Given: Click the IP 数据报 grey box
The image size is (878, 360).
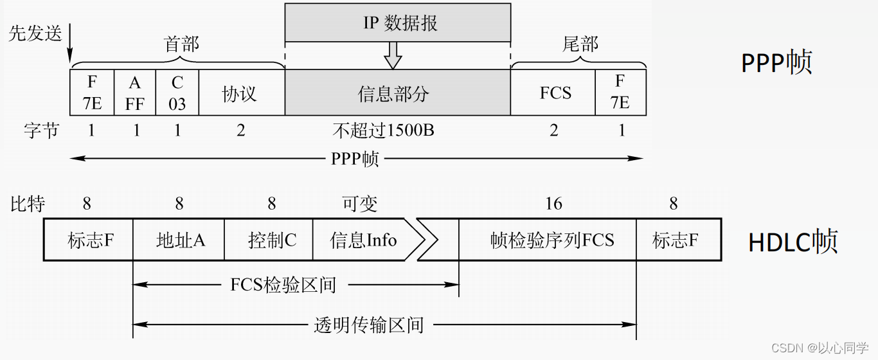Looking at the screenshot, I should click(x=397, y=22).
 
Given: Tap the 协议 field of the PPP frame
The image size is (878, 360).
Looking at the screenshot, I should click(x=241, y=93).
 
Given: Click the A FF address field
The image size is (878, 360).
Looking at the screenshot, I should click(x=134, y=93).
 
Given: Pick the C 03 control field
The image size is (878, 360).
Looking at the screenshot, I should click(x=177, y=93).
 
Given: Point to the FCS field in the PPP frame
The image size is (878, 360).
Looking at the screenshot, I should click(x=555, y=93).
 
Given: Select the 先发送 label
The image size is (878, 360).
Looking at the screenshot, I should click(x=35, y=33).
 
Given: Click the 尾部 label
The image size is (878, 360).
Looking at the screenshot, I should click(x=580, y=44).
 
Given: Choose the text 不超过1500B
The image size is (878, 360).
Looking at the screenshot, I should click(x=384, y=131).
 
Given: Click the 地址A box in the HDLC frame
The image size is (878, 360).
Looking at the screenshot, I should click(x=179, y=240).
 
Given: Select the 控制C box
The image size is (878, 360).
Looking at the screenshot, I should click(x=271, y=240).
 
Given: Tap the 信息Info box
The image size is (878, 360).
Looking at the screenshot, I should click(x=363, y=240).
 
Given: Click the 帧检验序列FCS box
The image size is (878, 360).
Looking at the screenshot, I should click(x=551, y=240).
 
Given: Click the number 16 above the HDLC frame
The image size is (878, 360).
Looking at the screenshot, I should click(x=553, y=204).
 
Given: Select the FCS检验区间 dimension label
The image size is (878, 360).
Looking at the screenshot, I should click(x=283, y=285).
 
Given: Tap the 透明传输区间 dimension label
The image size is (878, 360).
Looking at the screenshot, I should click(x=369, y=325).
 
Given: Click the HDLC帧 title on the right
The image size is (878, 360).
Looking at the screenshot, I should click(x=793, y=241).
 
